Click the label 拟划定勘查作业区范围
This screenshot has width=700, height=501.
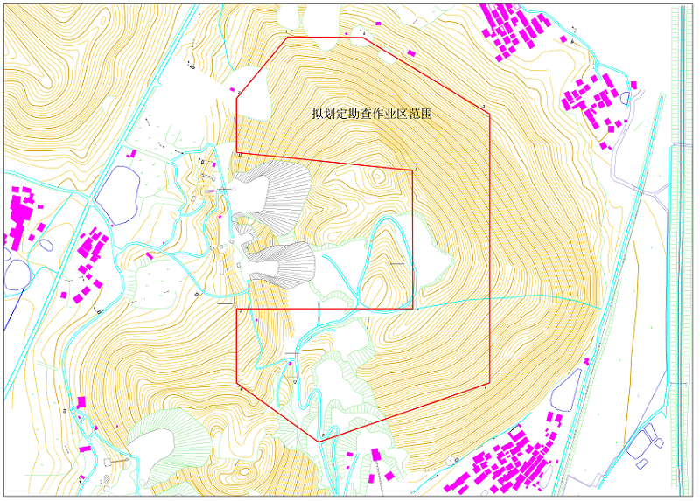[x=373, y=114]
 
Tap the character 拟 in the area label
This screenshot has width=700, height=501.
[x=317, y=114]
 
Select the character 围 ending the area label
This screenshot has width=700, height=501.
[x=429, y=114]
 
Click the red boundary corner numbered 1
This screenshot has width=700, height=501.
[x=288, y=38]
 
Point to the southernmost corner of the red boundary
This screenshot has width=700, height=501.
[x=320, y=441]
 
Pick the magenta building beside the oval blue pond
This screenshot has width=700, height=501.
[x=132, y=154]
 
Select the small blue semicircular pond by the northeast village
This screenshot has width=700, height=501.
[x=573, y=38]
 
